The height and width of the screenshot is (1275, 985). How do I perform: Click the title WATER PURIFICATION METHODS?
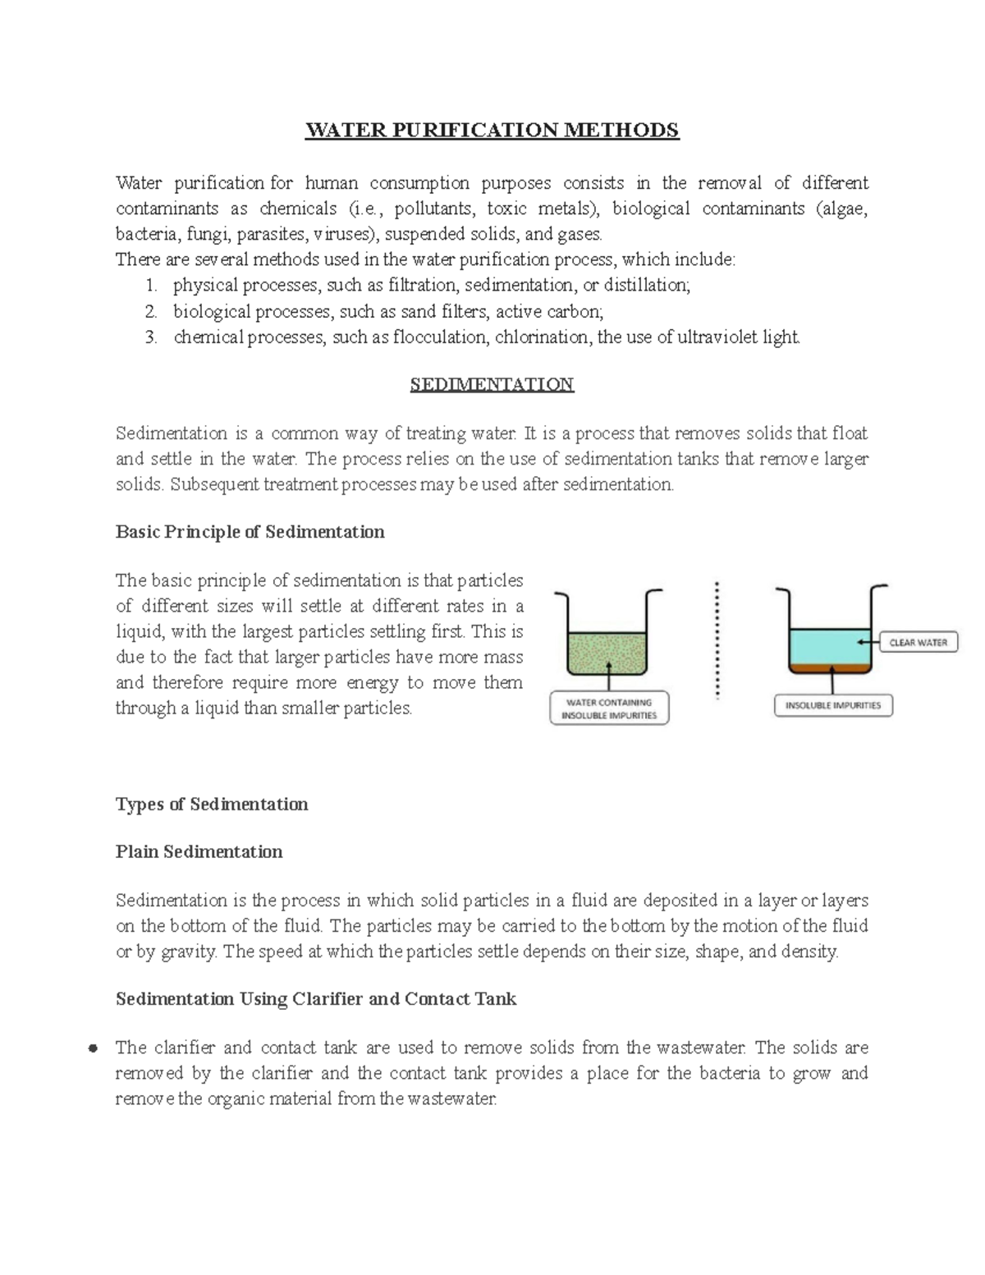click(492, 131)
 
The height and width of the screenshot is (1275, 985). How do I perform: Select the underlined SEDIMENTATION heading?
click(492, 385)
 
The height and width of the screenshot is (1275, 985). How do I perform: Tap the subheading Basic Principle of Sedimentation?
click(250, 532)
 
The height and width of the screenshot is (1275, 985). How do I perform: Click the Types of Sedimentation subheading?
click(212, 805)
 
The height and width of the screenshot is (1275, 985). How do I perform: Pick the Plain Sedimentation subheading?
click(199, 852)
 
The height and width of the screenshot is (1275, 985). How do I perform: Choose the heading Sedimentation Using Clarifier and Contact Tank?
click(316, 999)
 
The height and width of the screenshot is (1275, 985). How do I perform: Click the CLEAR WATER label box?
click(918, 643)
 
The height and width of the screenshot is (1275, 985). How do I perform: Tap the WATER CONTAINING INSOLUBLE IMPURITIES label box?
click(609, 709)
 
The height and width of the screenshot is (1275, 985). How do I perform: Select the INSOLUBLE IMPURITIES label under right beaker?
click(832, 705)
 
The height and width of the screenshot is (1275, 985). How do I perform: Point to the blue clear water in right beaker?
click(829, 644)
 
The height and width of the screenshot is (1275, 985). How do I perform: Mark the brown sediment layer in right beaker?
click(829, 668)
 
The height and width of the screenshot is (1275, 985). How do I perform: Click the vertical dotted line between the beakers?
click(717, 640)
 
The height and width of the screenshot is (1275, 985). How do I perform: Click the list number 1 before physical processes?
click(150, 286)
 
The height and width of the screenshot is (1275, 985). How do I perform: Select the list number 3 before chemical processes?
click(150, 337)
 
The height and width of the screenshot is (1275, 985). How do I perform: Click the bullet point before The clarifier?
click(94, 1048)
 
